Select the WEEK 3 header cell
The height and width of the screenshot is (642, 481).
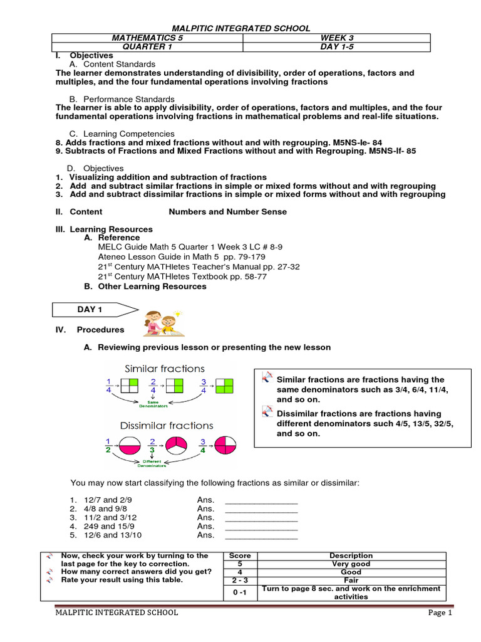(336, 38)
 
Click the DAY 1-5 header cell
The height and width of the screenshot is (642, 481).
(336, 47)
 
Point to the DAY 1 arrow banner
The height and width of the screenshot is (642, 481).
(93, 310)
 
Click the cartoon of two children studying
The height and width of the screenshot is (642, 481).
(160, 324)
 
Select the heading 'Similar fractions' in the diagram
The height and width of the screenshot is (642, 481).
(165, 369)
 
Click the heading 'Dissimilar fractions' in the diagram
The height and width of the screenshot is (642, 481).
(167, 426)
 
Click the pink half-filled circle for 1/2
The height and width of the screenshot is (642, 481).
(130, 445)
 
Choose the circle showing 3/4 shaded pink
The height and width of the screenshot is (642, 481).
(224, 445)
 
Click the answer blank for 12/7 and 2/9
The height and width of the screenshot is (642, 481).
(261, 500)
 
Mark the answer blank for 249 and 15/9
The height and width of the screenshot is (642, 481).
(261, 527)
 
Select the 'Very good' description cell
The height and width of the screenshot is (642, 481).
(351, 564)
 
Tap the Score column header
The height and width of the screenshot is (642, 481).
(240, 555)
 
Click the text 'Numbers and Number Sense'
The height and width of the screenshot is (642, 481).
(228, 212)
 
